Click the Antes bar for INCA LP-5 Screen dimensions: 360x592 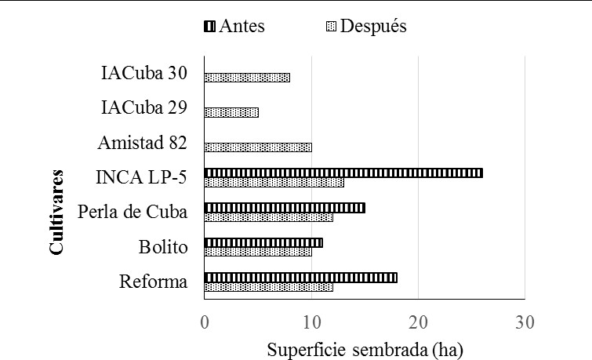coord(343,173)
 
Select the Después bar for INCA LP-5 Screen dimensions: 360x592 coord(274,183)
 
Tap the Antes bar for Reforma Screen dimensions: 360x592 coord(300,278)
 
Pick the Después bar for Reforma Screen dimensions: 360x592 coord(268,287)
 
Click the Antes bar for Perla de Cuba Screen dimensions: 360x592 coord(285,208)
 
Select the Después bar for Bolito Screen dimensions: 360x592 coord(258,252)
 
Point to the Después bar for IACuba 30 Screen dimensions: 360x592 coord(247,78)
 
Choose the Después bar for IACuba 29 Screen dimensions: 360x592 coord(231,113)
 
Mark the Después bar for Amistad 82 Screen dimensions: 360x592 coord(258,147)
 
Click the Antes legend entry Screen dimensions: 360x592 coord(234,27)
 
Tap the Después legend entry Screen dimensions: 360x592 coord(365,27)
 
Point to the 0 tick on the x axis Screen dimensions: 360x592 coord(205,322)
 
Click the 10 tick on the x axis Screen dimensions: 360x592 coord(311,322)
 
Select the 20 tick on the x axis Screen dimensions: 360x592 coord(418,322)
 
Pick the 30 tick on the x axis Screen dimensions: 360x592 coord(525,322)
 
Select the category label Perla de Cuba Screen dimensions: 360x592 coord(133,213)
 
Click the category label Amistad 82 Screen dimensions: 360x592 coord(142,143)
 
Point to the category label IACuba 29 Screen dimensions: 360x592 coord(143,108)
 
